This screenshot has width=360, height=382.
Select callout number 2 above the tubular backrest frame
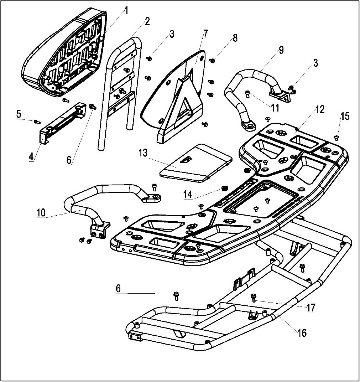click(x=147, y=21)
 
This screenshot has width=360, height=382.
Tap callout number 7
click(x=205, y=34)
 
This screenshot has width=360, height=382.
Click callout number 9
click(x=281, y=50)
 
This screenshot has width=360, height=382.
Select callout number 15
click(x=345, y=116)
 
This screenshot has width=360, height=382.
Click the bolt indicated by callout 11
click(x=248, y=93)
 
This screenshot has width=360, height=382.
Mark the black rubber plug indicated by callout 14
click(x=224, y=188)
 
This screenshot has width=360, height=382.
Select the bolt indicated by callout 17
click(x=254, y=297)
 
